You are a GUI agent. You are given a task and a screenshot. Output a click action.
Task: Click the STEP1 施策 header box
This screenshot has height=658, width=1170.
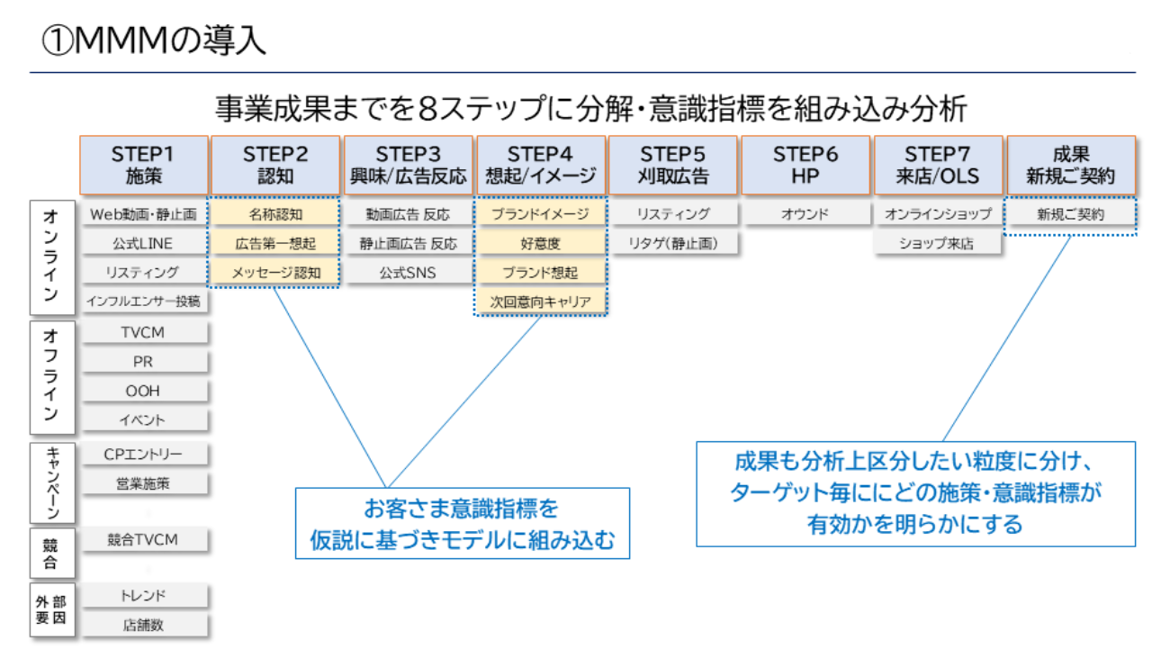144,165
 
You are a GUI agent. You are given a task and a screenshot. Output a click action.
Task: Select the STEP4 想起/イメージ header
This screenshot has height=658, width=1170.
541,165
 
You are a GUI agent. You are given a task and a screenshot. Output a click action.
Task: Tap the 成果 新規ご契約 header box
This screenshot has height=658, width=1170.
1070,165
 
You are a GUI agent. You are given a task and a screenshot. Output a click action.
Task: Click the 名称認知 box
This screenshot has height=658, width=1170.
275,214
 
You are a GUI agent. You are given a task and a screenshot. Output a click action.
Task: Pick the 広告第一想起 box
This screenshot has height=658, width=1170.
275,243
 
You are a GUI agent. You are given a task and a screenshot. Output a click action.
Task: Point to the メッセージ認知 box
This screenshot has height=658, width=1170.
275,272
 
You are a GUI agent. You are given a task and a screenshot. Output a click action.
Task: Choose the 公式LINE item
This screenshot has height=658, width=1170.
144,243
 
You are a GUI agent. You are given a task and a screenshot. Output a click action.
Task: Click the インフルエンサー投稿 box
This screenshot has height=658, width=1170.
144,301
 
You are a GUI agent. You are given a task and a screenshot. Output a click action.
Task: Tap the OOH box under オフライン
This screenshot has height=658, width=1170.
144,391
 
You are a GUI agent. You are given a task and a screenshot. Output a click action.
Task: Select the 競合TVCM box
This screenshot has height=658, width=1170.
144,539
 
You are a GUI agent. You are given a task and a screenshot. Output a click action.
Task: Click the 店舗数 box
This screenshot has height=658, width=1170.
144,625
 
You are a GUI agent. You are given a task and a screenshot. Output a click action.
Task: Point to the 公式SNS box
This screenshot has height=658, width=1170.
408,272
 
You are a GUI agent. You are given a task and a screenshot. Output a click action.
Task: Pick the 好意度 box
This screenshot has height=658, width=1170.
541,243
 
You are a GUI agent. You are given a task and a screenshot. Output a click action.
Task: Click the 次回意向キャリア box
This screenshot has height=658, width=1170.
541,302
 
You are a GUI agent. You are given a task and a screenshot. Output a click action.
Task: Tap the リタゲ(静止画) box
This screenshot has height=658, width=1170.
673,243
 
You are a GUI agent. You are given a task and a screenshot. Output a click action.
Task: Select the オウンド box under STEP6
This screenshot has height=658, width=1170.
805,214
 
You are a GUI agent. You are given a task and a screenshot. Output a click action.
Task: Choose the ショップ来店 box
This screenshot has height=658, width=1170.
937,243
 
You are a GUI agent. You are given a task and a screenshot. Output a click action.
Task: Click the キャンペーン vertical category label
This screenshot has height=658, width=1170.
52,482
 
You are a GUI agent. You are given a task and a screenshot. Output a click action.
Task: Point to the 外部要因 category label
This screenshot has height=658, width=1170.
52,610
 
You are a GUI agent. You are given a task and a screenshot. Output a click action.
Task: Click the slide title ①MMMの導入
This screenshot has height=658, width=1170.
153,41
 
